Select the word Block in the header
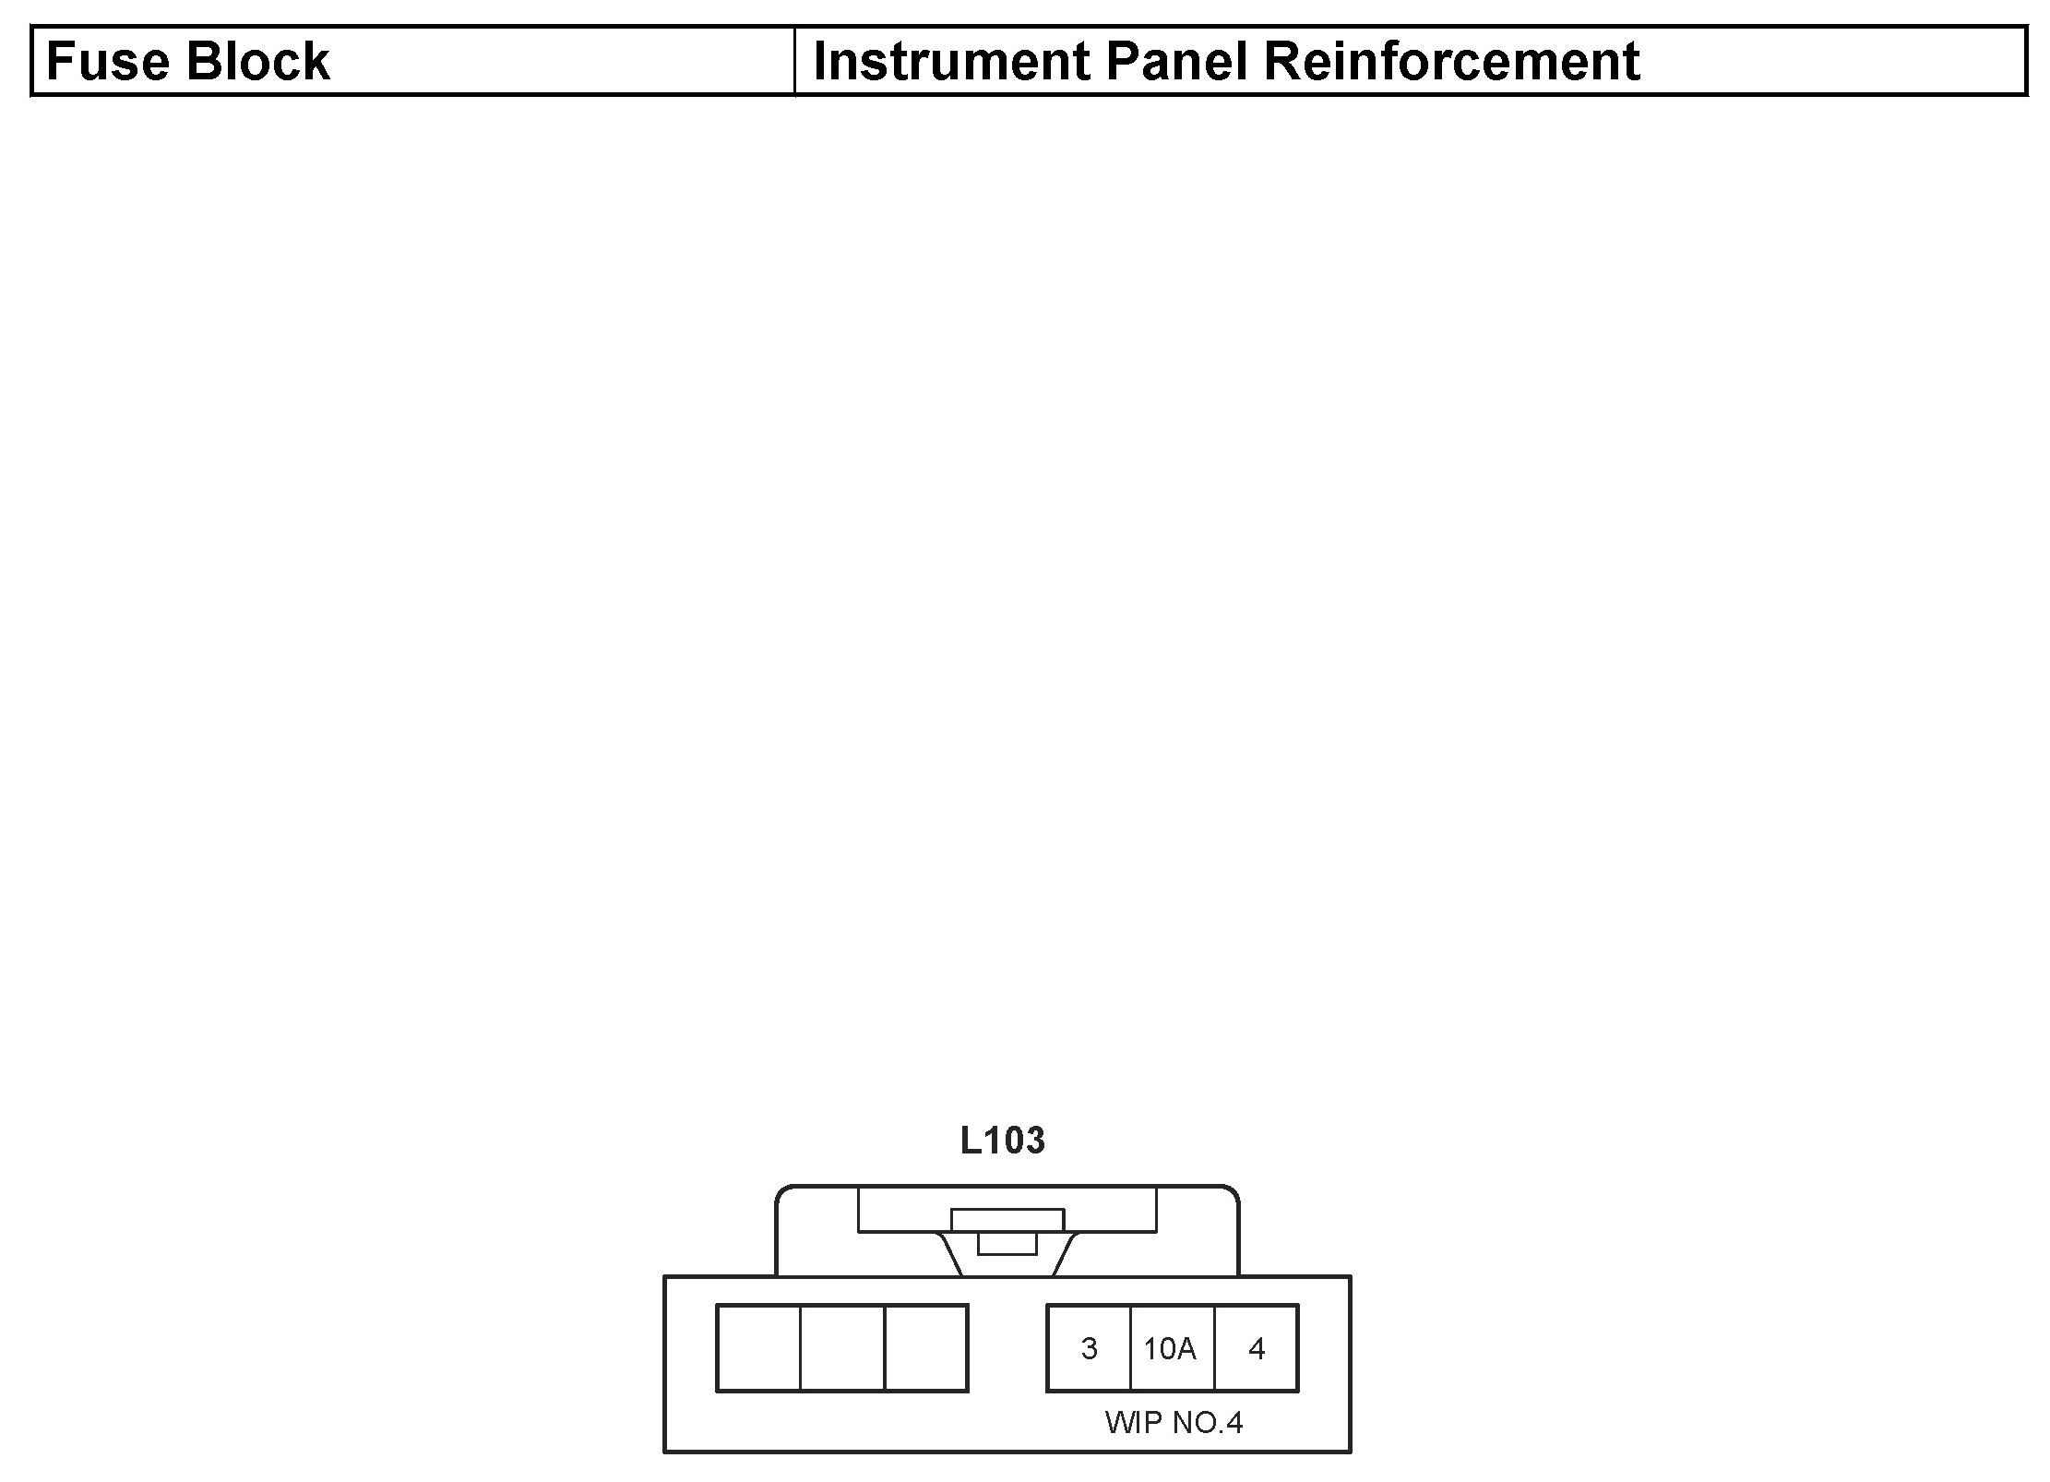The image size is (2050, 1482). [257, 62]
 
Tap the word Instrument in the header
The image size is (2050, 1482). [950, 62]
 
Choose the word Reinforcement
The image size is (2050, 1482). [1451, 62]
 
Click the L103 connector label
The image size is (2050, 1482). [1002, 1141]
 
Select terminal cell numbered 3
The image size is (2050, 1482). [1089, 1348]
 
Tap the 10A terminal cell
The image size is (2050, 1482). [1170, 1348]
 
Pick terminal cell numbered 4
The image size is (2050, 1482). [1256, 1348]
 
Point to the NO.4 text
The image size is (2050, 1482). [1207, 1422]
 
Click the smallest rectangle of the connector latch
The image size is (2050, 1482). [1007, 1244]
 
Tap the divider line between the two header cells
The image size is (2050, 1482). [794, 61]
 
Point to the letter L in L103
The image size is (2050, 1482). [971, 1141]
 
